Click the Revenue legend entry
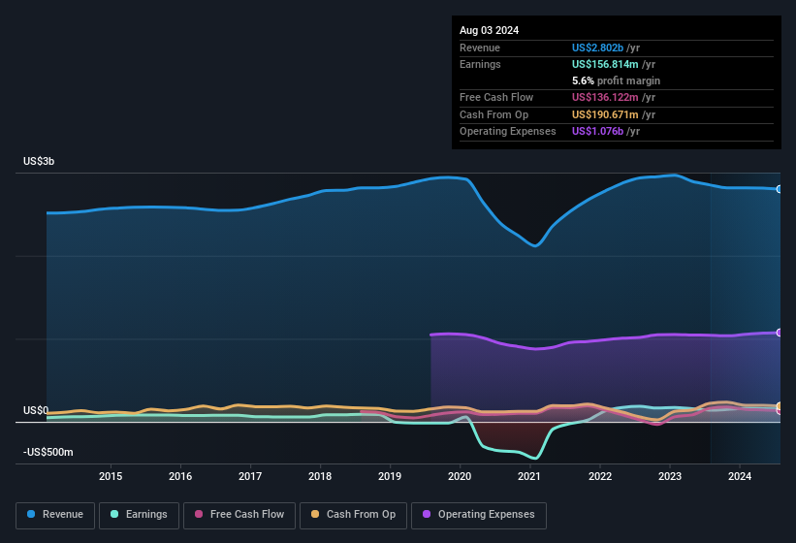[54, 514]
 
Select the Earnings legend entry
[139, 514]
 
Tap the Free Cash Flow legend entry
[241, 514]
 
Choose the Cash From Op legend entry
[353, 514]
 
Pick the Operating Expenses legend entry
[479, 514]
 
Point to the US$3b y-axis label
[40, 161]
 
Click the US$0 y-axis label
[36, 411]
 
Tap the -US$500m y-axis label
[48, 453]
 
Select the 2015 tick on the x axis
[111, 476]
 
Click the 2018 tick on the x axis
[320, 476]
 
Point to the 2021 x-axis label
[529, 476]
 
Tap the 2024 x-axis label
[740, 476]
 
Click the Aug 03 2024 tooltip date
[489, 30]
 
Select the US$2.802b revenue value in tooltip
[598, 48]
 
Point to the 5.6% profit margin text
[617, 80]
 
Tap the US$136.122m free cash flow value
[607, 97]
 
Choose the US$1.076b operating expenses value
[598, 131]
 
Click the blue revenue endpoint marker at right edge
[779, 189]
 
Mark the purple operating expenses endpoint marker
[779, 333]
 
